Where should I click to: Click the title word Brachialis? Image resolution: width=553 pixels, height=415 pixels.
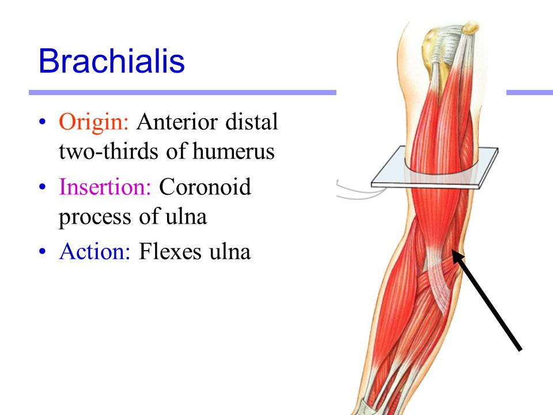111,61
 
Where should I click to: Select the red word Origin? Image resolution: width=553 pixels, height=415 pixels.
93,122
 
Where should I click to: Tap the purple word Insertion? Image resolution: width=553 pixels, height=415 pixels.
105,186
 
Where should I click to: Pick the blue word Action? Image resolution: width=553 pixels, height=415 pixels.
94,252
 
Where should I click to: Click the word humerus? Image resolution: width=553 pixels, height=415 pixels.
233,152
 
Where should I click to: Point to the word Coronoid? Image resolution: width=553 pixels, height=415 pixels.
205,186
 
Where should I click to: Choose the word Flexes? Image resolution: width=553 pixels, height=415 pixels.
170,252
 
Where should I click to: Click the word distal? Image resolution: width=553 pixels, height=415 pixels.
252,122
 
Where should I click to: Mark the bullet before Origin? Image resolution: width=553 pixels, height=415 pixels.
42,122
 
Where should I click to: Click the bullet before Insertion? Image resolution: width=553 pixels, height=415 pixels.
42,187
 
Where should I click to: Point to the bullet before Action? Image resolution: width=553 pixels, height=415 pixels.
42,252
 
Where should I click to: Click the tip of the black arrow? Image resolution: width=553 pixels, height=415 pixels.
453,251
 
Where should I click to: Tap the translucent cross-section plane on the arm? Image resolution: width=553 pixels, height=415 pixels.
435,168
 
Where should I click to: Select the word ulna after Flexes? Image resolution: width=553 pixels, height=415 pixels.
230,252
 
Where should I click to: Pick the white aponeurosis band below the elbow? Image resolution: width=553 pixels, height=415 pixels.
438,279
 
